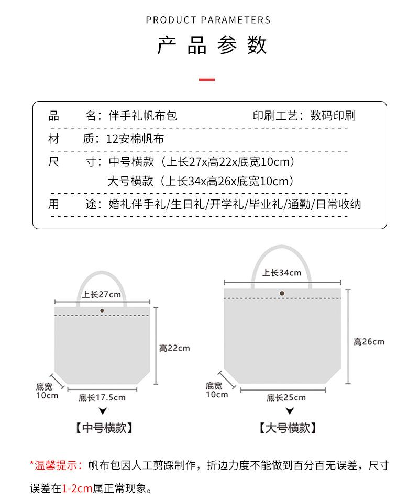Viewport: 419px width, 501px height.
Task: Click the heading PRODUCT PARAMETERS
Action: click(x=208, y=20)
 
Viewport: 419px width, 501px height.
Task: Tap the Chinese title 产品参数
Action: click(x=212, y=46)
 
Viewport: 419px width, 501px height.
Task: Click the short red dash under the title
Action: click(x=207, y=80)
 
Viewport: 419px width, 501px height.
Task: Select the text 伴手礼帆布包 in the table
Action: click(x=142, y=116)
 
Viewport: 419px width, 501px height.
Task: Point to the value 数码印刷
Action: click(x=333, y=116)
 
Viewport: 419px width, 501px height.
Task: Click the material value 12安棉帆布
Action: click(x=135, y=139)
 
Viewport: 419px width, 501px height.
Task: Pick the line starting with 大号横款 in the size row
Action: click(x=200, y=182)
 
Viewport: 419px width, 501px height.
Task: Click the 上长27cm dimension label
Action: click(x=102, y=294)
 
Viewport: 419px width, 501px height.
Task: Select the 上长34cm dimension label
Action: click(x=282, y=273)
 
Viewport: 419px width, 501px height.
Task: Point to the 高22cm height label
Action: click(x=174, y=348)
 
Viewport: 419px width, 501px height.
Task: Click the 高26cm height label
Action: click(x=369, y=342)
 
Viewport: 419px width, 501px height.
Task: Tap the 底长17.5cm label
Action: click(x=102, y=397)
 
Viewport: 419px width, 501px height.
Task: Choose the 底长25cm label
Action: click(x=286, y=398)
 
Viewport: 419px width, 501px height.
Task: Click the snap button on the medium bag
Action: click(x=102, y=311)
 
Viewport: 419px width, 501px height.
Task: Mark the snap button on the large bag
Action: click(x=282, y=294)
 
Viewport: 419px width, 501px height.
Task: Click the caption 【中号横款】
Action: click(x=103, y=428)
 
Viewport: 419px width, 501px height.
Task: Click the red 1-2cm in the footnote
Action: click(x=77, y=489)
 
